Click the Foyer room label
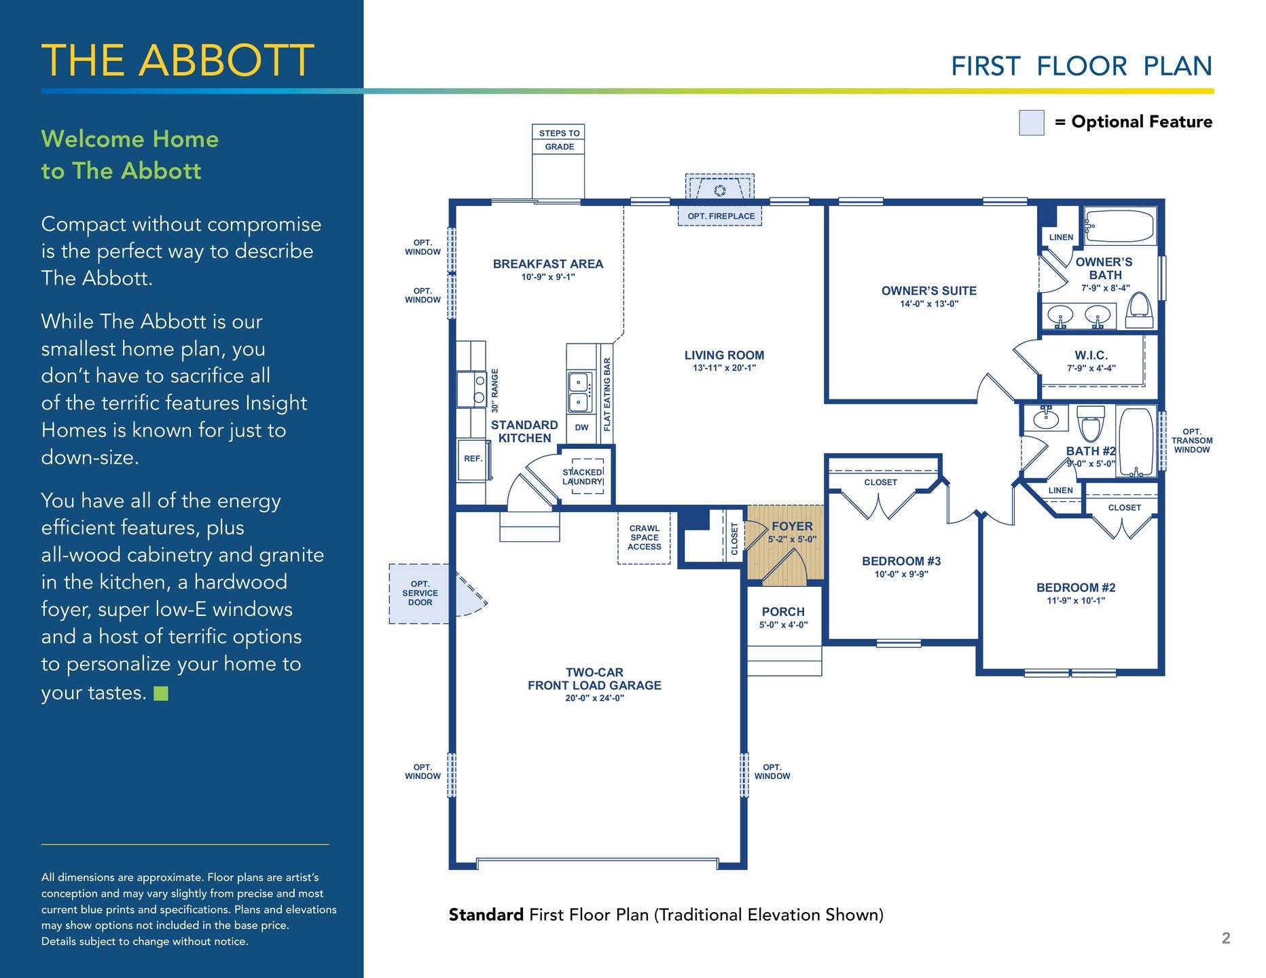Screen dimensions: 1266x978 coord(792,526)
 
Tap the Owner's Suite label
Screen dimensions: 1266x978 coord(928,291)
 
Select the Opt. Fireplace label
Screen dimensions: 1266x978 coord(721,216)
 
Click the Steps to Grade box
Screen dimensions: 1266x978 coord(559,140)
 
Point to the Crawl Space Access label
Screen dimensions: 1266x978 coord(645,537)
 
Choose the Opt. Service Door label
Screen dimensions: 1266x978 coord(420,593)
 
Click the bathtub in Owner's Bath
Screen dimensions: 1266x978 coord(1119,226)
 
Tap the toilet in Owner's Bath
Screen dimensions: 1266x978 coord(1139,306)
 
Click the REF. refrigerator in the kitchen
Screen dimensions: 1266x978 coord(473,460)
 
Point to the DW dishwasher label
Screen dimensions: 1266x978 coord(581,428)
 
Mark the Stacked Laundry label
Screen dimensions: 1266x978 coord(583,477)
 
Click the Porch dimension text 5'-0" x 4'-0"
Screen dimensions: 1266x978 coord(783,625)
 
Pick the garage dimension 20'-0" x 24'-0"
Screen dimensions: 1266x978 coord(594,698)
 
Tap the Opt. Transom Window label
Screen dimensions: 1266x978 coord(1191,441)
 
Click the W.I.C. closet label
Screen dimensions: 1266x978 coord(1091,355)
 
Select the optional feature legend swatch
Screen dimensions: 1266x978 coord(1031,123)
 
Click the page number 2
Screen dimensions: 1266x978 coord(1226,938)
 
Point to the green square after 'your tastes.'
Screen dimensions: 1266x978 coord(161,693)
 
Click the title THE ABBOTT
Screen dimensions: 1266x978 coord(178,60)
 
